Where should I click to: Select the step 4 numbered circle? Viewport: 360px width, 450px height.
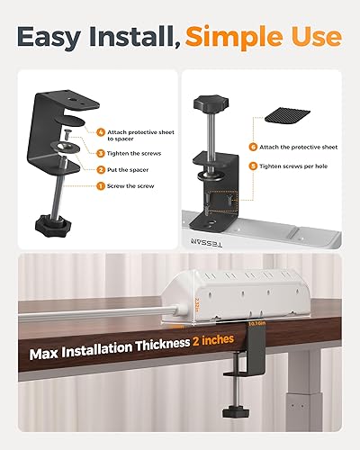pyautogui.click(x=100, y=132)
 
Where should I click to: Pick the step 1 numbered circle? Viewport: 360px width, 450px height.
pyautogui.click(x=100, y=186)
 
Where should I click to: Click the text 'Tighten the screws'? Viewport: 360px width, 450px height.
pyautogui.click(x=131, y=154)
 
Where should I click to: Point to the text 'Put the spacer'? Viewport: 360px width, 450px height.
pyautogui.click(x=126, y=170)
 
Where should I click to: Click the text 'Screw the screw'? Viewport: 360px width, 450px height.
pyautogui.click(x=130, y=186)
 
